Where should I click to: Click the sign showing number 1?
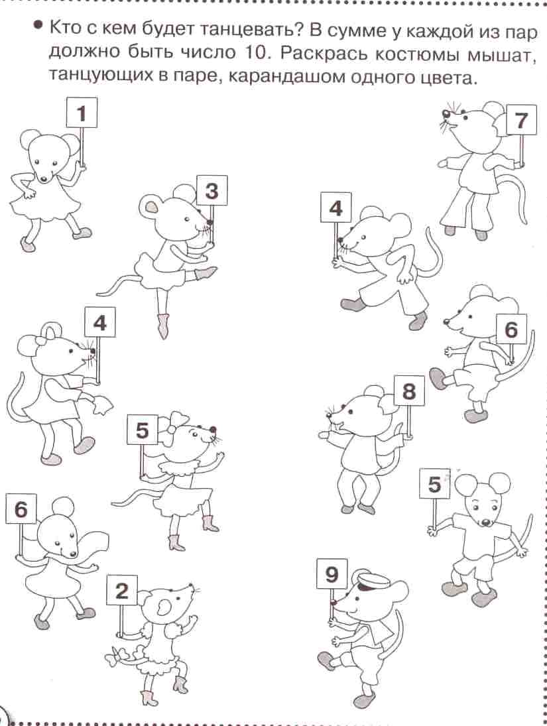tap(82, 113)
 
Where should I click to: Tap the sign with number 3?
tap(212, 190)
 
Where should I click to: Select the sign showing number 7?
tap(522, 120)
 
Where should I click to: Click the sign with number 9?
tap(332, 574)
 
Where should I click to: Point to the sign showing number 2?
tap(122, 590)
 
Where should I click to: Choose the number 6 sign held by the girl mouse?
tap(21, 509)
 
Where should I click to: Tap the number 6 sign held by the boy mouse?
tap(511, 330)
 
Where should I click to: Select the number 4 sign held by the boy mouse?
tap(335, 208)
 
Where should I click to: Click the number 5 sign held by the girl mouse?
tap(142, 430)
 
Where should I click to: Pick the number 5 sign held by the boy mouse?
tap(434, 484)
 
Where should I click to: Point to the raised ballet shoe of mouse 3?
tap(206, 273)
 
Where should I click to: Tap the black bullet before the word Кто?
tap(39, 25)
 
